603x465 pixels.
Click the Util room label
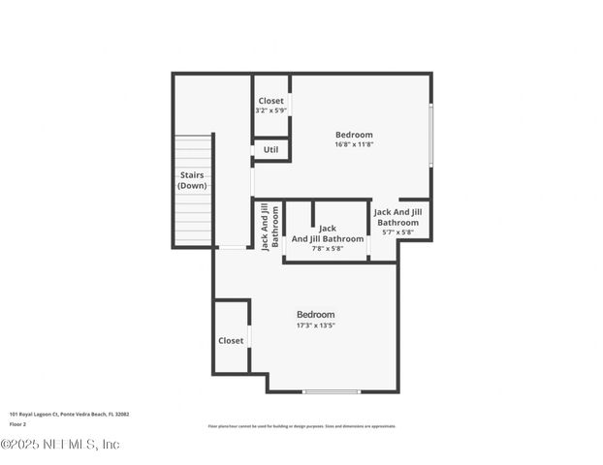[270, 150]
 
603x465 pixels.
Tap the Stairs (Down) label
[192, 180]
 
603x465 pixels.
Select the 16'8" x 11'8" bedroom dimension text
[354, 144]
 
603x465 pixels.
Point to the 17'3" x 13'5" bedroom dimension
[315, 325]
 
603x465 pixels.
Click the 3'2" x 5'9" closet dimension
[270, 110]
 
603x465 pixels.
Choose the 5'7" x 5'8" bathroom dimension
[397, 232]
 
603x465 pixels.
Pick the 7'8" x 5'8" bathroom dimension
[328, 249]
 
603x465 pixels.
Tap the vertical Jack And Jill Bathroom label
[270, 227]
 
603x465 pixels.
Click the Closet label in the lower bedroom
[231, 341]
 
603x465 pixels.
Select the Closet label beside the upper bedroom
[270, 101]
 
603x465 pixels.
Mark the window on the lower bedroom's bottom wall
[332, 391]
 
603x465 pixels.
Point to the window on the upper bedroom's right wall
[430, 135]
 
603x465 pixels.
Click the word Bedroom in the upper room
[354, 135]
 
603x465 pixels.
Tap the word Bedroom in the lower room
[315, 315]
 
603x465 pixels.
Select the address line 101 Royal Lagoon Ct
[69, 414]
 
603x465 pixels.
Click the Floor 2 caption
[18, 424]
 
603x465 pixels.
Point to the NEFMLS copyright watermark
[60, 445]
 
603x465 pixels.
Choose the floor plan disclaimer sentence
[301, 426]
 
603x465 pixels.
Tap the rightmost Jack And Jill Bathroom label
[397, 217]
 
